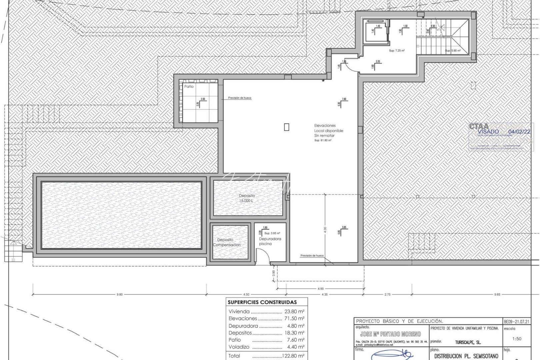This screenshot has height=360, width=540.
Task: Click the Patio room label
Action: coord(189,87)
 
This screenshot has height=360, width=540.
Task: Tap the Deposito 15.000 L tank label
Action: coord(247,198)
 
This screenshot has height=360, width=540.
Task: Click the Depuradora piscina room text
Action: coord(270,241)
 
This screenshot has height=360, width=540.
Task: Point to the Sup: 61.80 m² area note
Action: coord(323,141)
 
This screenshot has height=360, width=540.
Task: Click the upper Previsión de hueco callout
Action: coord(240,98)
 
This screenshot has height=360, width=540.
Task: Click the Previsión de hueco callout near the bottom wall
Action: coord(312,256)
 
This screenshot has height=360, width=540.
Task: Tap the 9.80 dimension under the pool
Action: coord(120,294)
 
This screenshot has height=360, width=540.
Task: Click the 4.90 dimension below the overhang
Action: coord(320,289)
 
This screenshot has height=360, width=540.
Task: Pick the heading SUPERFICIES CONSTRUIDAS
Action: coord(262,302)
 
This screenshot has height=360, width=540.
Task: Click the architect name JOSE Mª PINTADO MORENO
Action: coord(390,334)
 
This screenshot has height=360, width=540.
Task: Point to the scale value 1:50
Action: coord(516,339)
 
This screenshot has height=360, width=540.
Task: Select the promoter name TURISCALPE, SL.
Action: coord(468,342)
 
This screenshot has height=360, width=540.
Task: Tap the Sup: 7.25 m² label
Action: coord(396,51)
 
